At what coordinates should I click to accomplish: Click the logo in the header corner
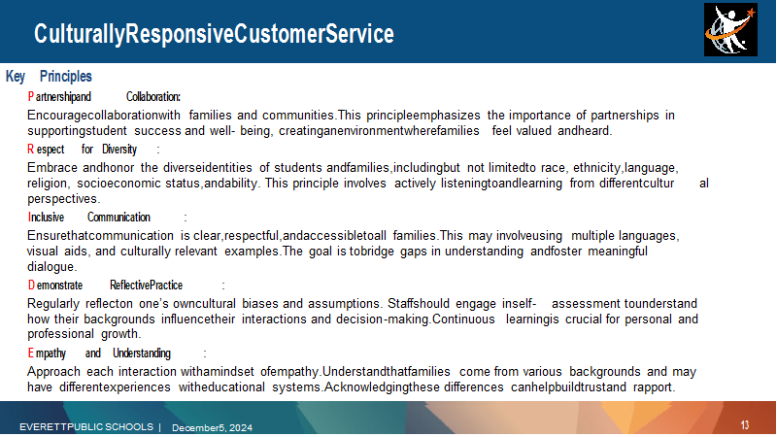730,30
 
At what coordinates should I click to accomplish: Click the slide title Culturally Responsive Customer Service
214,34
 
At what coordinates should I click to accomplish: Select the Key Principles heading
49,77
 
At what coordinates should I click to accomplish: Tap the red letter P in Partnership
31,96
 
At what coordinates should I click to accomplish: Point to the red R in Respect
31,149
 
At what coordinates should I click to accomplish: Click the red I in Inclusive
29,217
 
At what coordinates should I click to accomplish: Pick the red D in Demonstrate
31,285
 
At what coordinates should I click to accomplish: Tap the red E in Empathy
31,353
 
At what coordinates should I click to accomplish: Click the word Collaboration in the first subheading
152,96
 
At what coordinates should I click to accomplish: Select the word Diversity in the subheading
119,150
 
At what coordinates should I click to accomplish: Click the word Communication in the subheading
118,217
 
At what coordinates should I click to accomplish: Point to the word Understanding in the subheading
142,353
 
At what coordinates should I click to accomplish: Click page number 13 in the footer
745,424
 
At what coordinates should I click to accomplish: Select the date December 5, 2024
212,427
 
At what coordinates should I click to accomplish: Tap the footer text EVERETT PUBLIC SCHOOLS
86,426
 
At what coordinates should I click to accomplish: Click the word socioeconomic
118,184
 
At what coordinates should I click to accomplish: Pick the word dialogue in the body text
51,266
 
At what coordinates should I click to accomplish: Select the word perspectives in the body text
63,199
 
